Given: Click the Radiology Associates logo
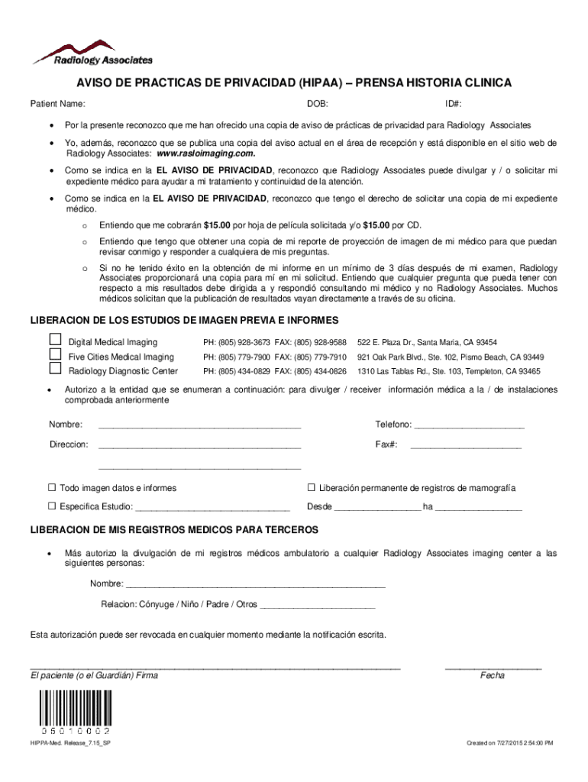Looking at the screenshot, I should click(92, 52).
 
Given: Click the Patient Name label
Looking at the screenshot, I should click(57, 103).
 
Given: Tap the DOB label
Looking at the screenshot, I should click(318, 103).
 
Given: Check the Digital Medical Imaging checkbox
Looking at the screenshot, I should click(55, 340).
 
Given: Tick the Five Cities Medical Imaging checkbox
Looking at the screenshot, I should click(55, 354).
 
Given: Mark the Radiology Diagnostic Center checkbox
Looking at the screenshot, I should click(55, 369).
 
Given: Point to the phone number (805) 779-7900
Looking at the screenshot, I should click(237, 357).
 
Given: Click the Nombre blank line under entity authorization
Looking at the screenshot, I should click(199, 425).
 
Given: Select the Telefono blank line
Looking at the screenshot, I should click(468, 425).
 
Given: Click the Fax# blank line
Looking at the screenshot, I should click(466, 444).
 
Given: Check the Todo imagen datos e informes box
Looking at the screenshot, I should click(53, 488).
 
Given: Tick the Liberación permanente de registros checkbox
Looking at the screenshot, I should click(312, 488).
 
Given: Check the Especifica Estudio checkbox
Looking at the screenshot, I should click(53, 506).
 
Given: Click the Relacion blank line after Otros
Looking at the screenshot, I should click(318, 605).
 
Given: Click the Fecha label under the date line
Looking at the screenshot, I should click(493, 676).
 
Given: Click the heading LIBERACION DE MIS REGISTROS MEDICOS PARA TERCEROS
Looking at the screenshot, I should click(174, 530).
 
